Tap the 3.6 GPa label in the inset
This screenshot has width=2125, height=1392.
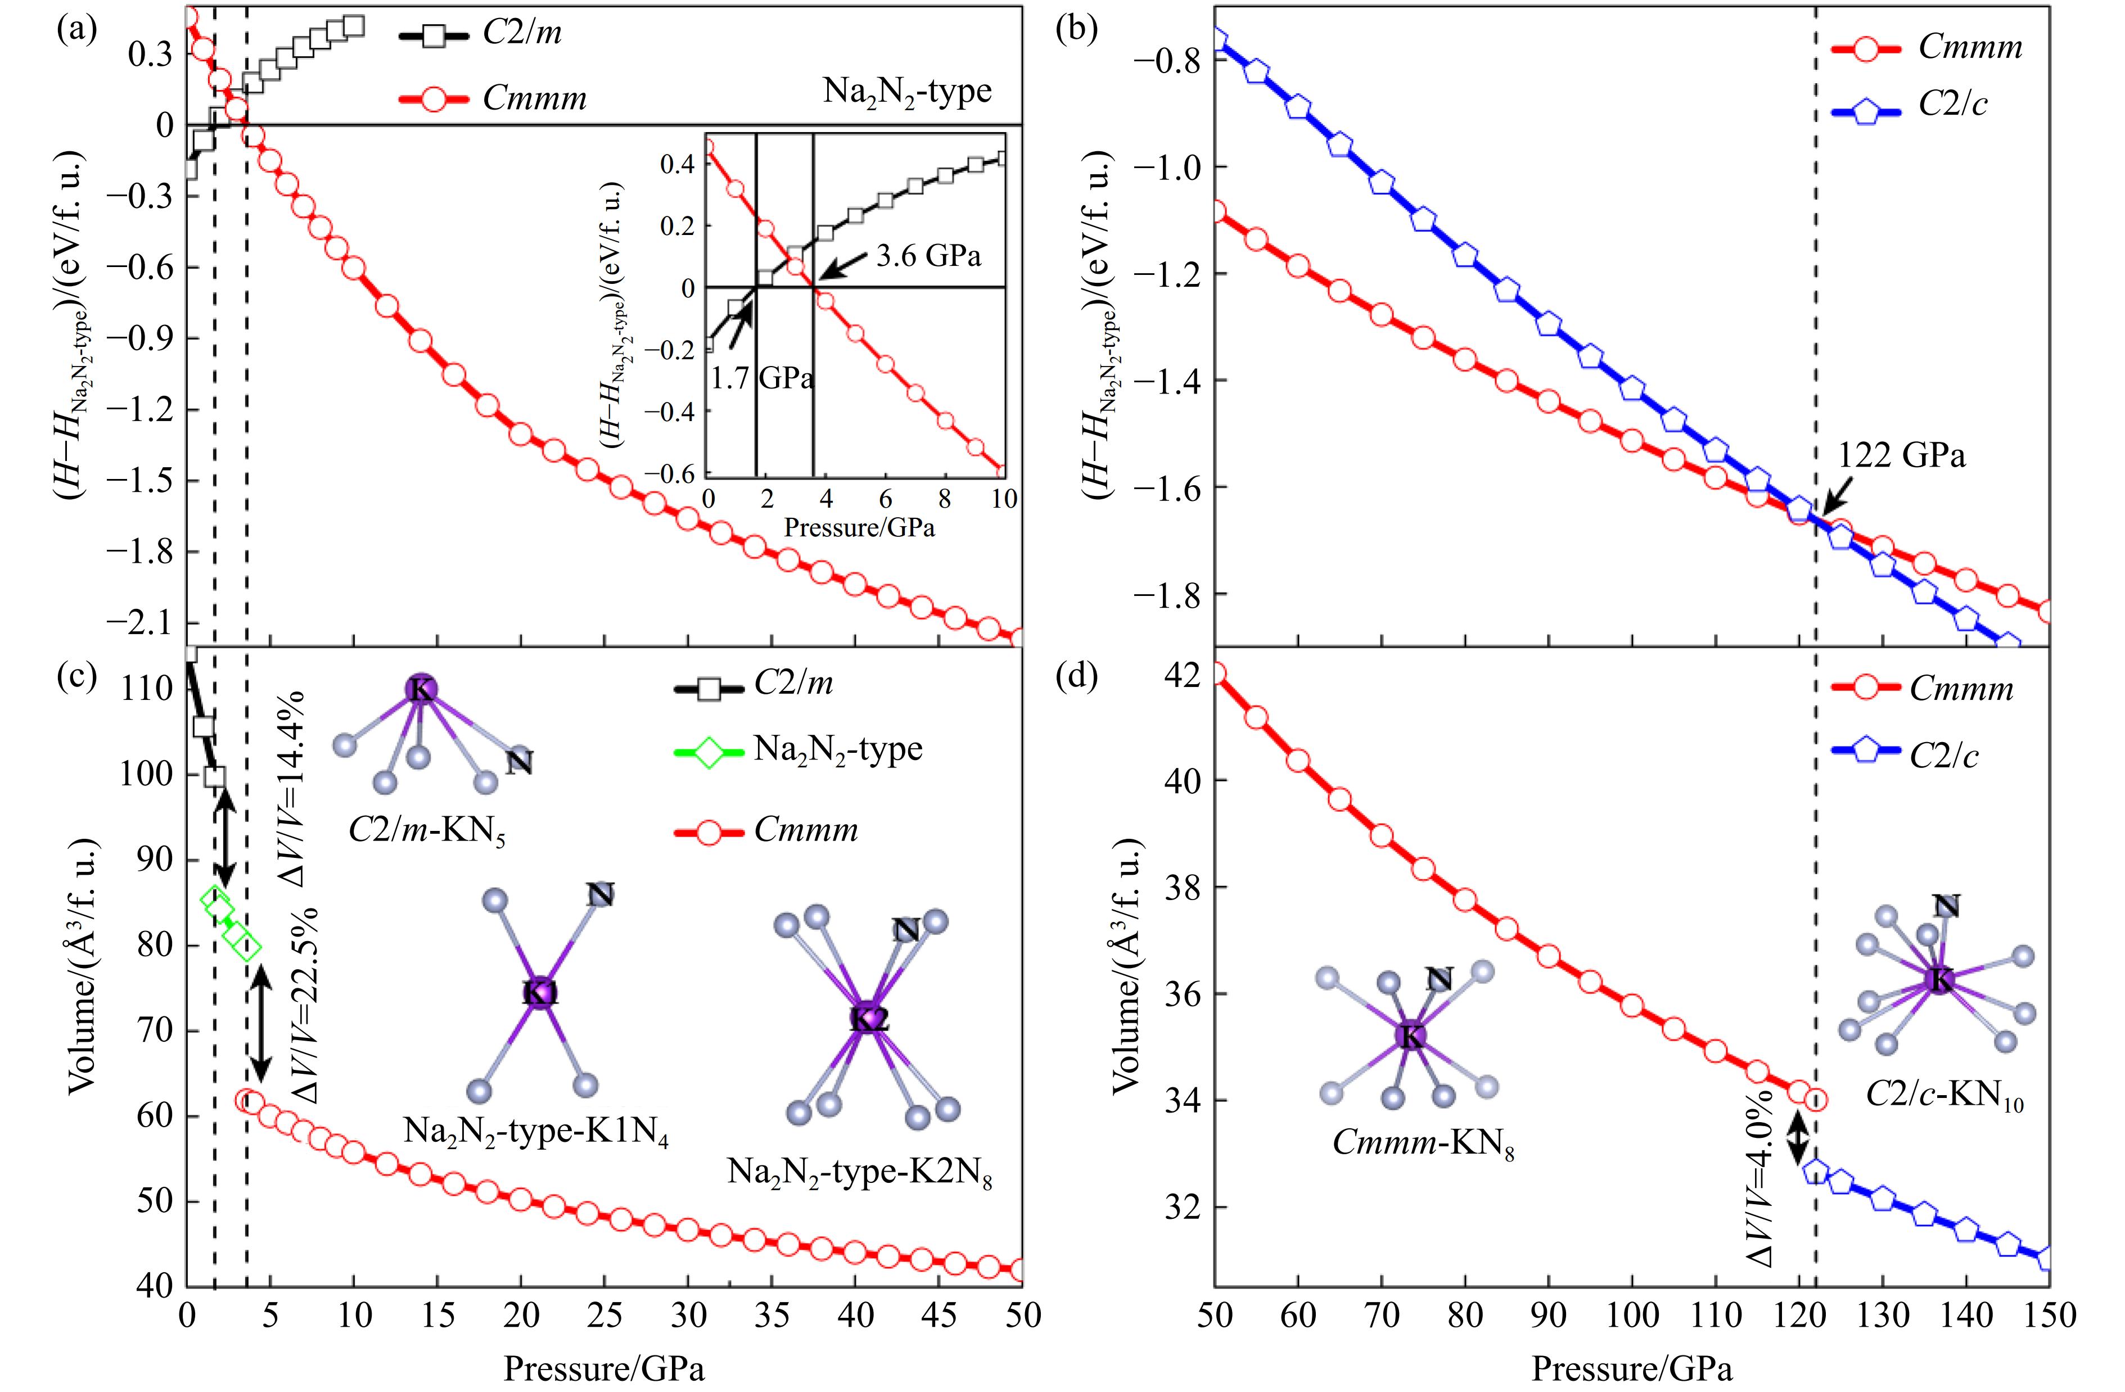coord(928,256)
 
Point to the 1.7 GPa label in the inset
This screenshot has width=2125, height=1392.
coord(761,378)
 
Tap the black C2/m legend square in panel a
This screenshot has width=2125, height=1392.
coord(434,36)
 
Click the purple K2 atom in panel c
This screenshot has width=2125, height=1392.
coord(868,1018)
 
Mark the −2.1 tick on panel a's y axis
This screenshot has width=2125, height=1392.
coord(143,622)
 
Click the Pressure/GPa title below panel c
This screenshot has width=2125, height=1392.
coord(603,1368)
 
